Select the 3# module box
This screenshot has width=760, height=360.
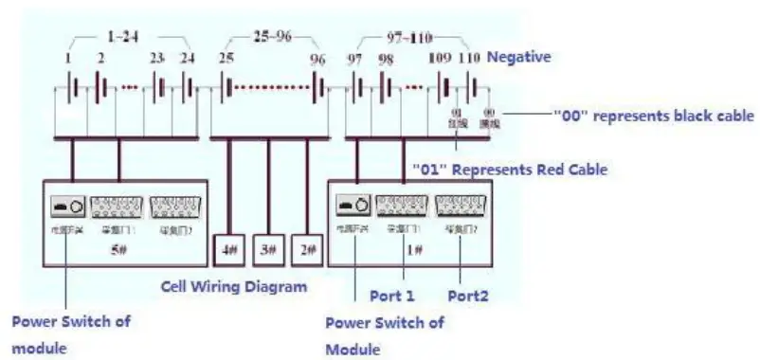tap(268, 249)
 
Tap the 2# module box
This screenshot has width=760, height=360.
tap(306, 249)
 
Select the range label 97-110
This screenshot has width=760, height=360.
tap(410, 38)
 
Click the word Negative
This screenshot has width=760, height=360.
tap(518, 58)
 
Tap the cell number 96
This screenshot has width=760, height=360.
tap(317, 60)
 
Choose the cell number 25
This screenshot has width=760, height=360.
tap(226, 60)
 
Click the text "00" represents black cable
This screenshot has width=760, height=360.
tap(654, 116)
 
